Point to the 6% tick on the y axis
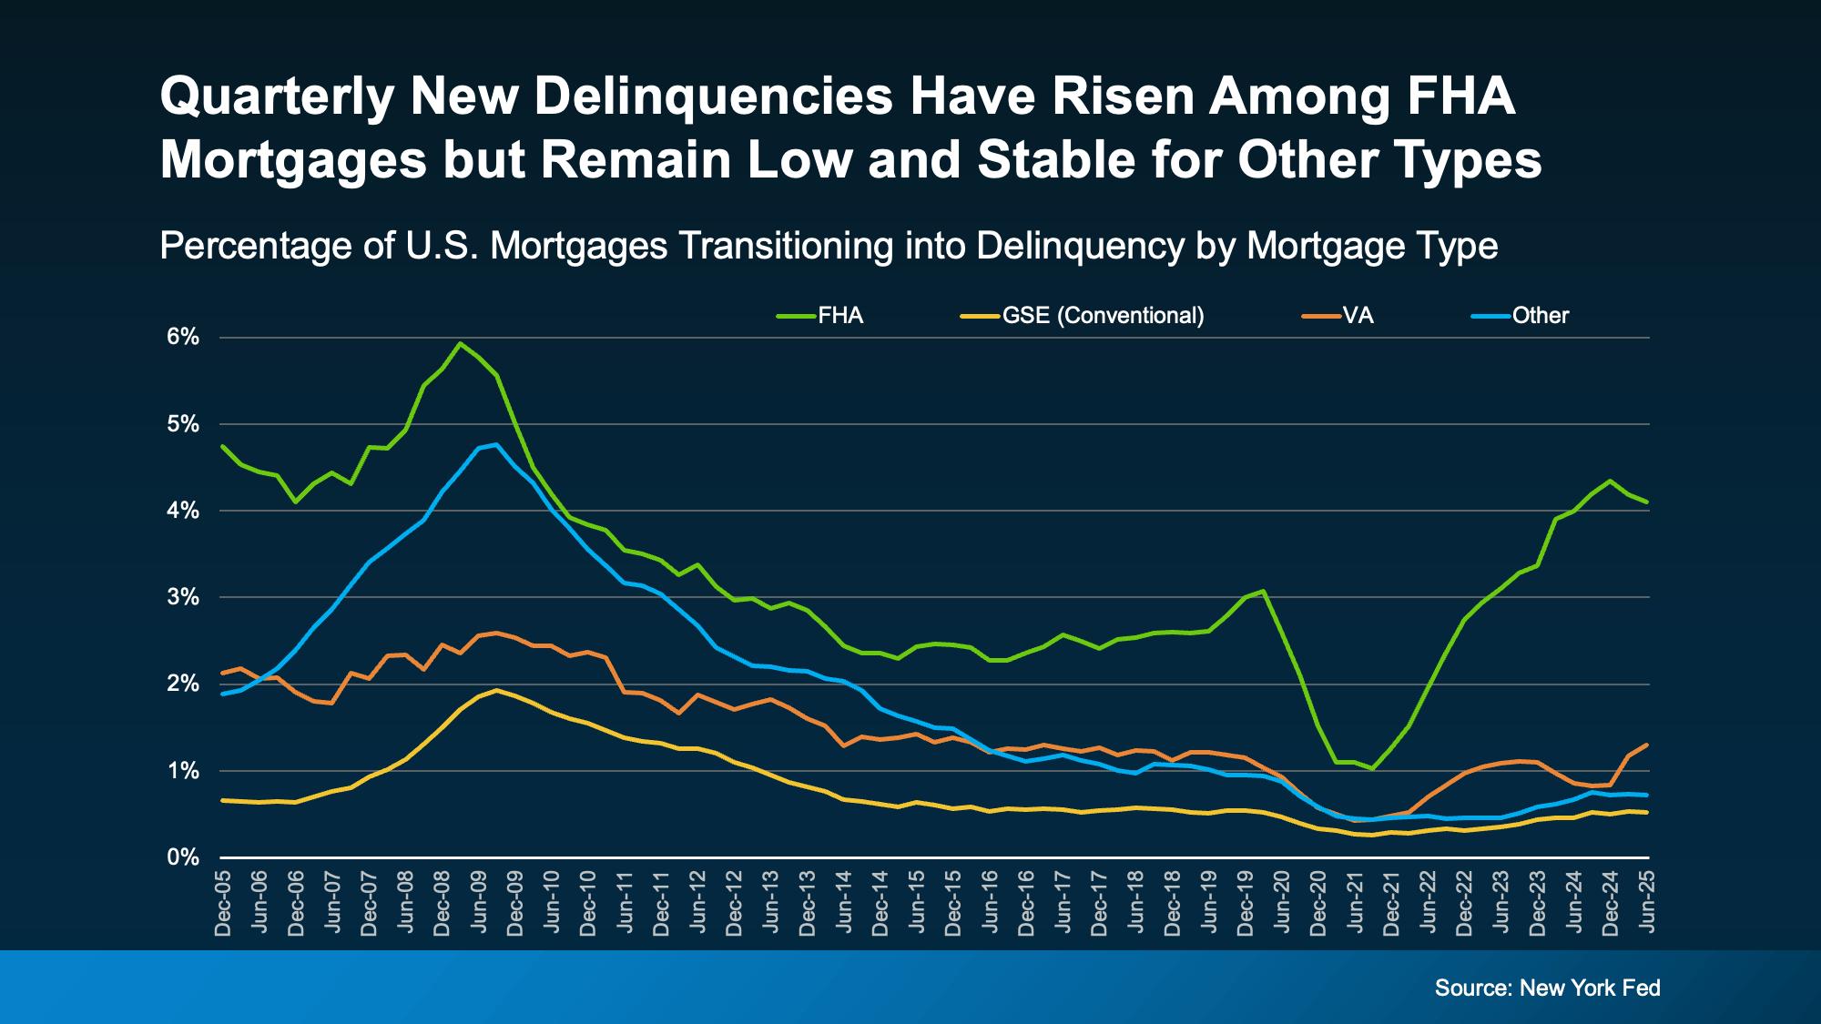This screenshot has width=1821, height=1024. (183, 337)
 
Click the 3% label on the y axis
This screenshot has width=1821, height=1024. (183, 597)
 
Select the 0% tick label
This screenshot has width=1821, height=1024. (183, 857)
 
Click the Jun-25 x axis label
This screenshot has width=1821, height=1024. (1647, 901)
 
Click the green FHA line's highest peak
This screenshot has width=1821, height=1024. (460, 343)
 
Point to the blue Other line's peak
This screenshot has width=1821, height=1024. (496, 444)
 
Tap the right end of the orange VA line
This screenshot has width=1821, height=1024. (1646, 745)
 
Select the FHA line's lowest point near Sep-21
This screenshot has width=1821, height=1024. (1372, 769)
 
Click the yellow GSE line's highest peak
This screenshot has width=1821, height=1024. (496, 690)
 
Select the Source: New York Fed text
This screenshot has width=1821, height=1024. (1547, 988)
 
